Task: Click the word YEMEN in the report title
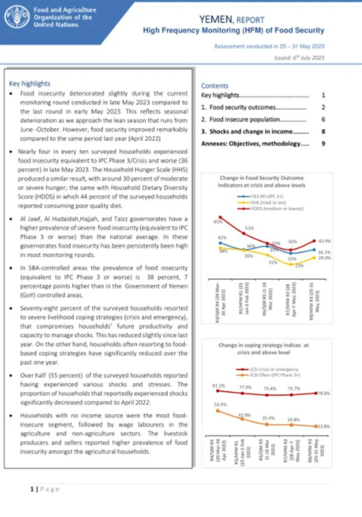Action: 217,20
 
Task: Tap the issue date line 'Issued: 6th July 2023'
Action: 299,58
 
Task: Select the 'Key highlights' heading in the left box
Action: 30,83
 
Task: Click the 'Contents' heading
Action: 214,86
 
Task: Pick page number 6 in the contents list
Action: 323,119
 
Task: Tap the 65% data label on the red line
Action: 218,222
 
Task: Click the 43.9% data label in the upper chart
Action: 324,241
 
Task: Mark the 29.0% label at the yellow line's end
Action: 324,257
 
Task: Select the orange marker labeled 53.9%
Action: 218,411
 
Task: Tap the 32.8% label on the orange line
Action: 323,426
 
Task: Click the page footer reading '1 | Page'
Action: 44,489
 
